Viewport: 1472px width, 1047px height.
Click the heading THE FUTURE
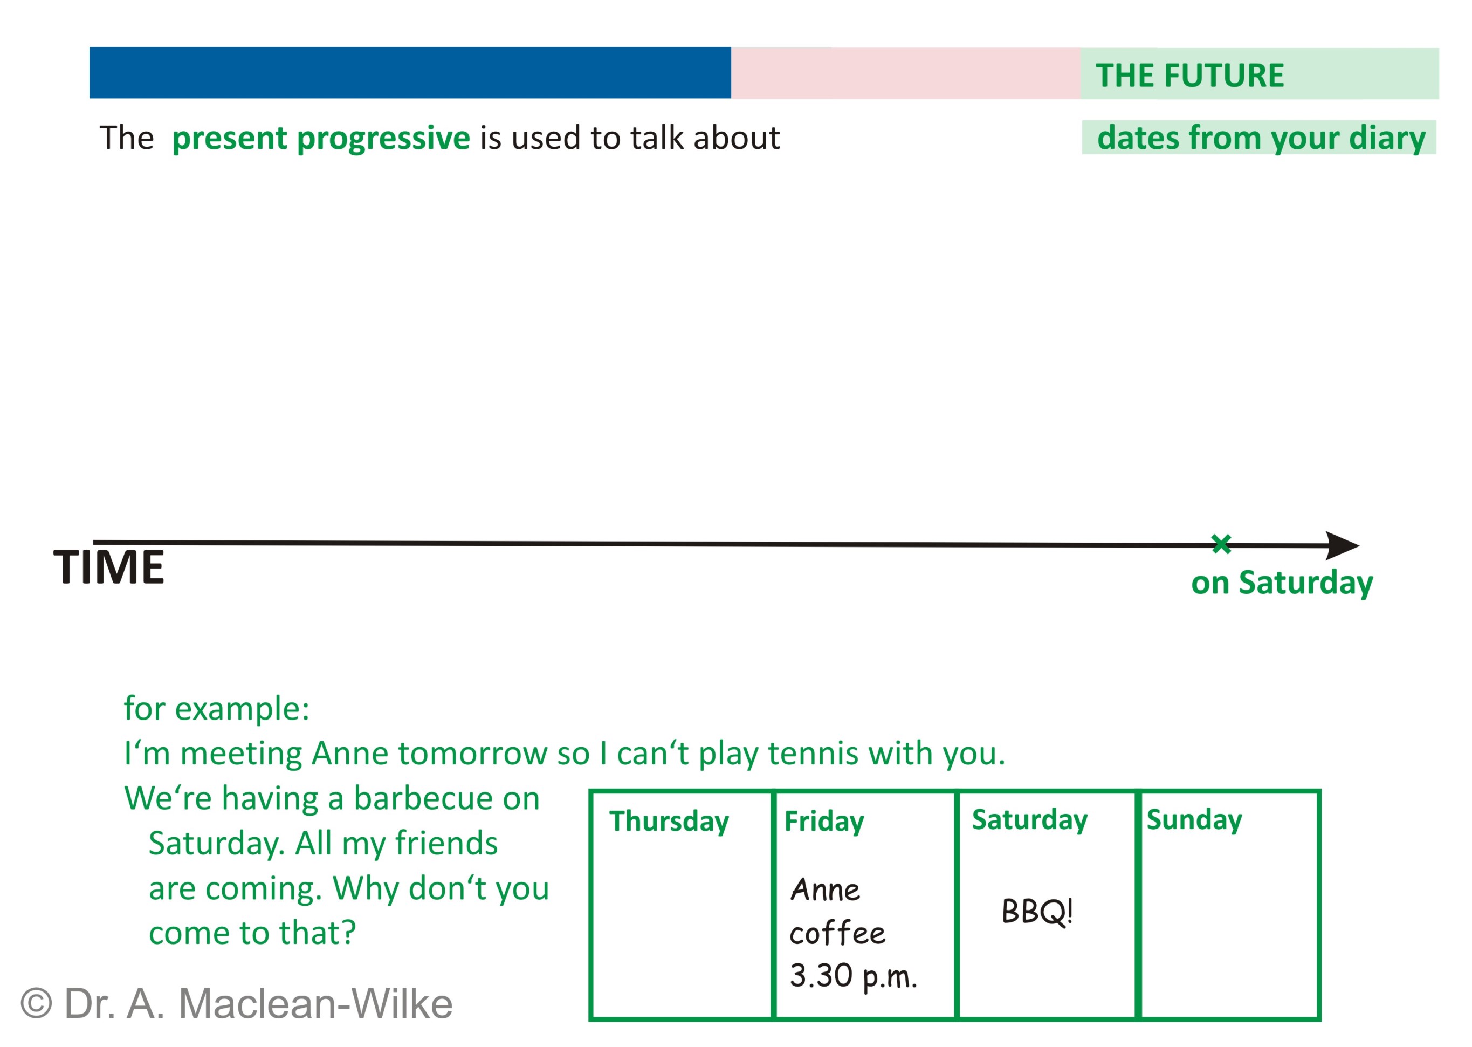pos(1189,76)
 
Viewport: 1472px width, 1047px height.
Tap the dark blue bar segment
pos(410,73)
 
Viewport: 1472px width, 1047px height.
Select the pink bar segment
pos(905,73)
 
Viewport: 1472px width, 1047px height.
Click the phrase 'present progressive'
pos(321,138)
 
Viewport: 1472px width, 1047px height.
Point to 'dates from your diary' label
pos(1261,138)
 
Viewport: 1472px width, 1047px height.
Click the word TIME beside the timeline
pos(108,567)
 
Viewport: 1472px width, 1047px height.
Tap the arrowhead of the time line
pos(1342,545)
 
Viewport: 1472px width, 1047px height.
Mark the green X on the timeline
pos(1221,544)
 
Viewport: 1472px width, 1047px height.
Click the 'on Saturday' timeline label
pos(1282,583)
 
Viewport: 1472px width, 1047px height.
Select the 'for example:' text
pos(217,709)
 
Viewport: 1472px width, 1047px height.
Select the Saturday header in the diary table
pos(1029,820)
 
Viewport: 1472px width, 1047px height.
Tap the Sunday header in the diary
pos(1194,820)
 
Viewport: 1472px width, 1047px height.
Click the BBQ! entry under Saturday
pos(1037,912)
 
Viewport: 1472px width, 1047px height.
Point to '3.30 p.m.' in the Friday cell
pos(852,976)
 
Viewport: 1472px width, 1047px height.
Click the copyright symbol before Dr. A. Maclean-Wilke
pos(36,1004)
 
